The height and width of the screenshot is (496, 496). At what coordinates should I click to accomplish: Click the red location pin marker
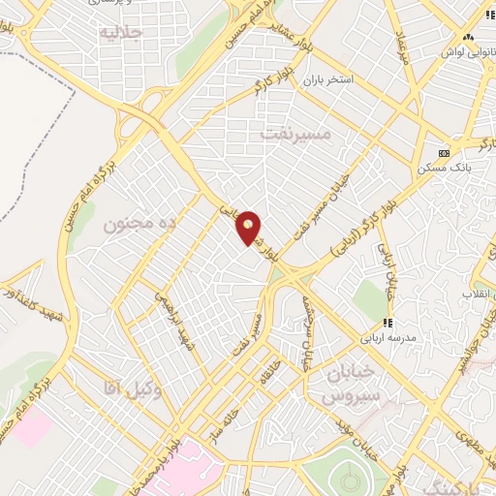coord(249,228)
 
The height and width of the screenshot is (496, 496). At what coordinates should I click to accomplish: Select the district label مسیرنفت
coord(295,134)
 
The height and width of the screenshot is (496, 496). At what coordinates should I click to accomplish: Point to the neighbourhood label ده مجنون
coord(139,224)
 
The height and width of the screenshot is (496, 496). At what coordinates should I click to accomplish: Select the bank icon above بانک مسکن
coord(445,153)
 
